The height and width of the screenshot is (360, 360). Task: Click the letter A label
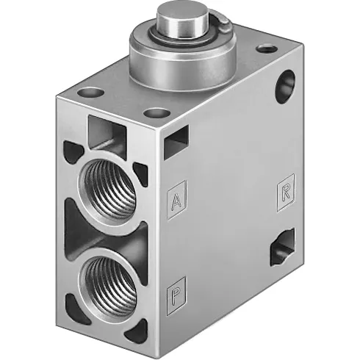tap(176, 200)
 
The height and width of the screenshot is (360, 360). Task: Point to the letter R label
tap(286, 192)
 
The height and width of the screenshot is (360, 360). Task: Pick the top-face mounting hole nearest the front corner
tap(155, 113)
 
